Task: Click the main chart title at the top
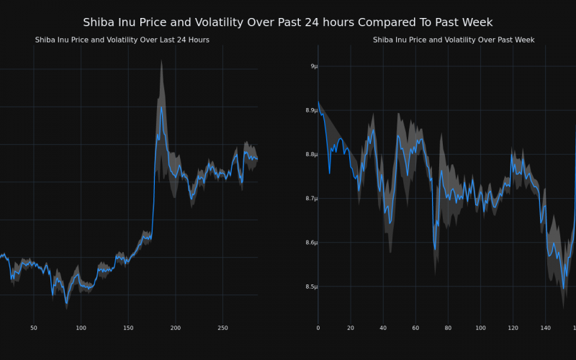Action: tap(288, 22)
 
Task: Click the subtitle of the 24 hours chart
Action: tap(122, 40)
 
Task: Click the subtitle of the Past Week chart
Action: tap(454, 40)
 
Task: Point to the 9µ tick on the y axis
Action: tap(312, 66)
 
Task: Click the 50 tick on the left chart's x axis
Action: tap(33, 328)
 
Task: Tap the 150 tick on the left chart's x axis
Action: tap(128, 328)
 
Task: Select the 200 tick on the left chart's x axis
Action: tap(176, 328)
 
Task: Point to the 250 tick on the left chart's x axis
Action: tap(222, 328)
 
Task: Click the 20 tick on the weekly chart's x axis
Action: tap(351, 328)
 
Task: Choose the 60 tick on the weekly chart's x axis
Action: tap(415, 328)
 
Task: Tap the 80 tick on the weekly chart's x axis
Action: tap(448, 328)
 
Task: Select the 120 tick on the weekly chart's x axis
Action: tap(513, 328)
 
